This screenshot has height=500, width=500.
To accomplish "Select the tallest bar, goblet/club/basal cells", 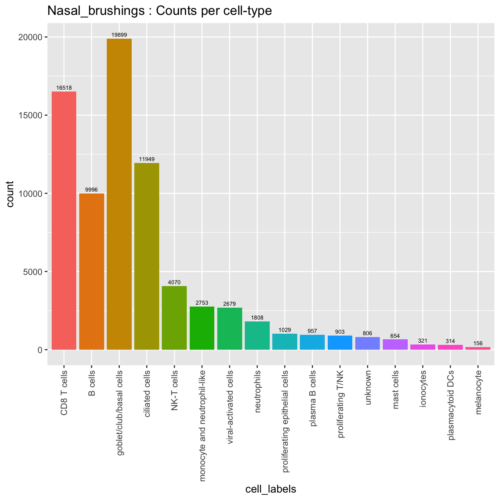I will coord(119,194).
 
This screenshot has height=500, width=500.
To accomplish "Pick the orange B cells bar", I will coord(92,271).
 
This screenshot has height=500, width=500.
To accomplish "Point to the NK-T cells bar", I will coord(174,318).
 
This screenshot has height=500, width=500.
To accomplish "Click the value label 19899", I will coord(119,35).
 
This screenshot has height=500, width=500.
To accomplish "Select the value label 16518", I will coord(64,88).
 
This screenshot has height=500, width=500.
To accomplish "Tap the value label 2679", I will coord(229,304).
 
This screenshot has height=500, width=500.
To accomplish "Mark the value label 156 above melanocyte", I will coord(478,343).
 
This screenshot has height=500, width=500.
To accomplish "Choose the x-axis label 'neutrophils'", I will coord(257,391).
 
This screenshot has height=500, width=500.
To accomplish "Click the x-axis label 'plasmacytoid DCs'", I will coord(451,404).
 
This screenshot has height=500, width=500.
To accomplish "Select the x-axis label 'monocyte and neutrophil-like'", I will coord(202,420).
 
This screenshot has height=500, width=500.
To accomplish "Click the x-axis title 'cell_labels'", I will coord(271,489).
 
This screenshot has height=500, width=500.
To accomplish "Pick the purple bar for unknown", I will coord(368,343).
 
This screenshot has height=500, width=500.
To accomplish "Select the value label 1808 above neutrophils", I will coord(257,318).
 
